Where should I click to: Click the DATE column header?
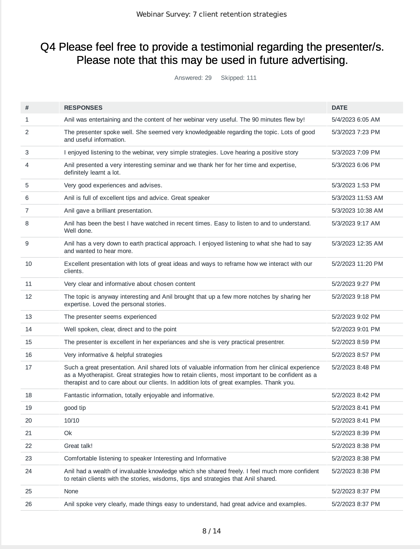339,108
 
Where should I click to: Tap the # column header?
27,108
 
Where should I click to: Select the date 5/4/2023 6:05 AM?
356,120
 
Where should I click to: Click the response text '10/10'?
72,421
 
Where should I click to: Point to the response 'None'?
71,491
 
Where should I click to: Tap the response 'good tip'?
75,408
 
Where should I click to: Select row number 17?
28,367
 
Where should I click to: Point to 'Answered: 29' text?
193,78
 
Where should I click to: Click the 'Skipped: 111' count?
238,78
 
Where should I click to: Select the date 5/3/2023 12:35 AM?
357,243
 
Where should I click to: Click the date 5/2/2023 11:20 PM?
357,264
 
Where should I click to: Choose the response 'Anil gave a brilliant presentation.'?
108,211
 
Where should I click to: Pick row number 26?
28,504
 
